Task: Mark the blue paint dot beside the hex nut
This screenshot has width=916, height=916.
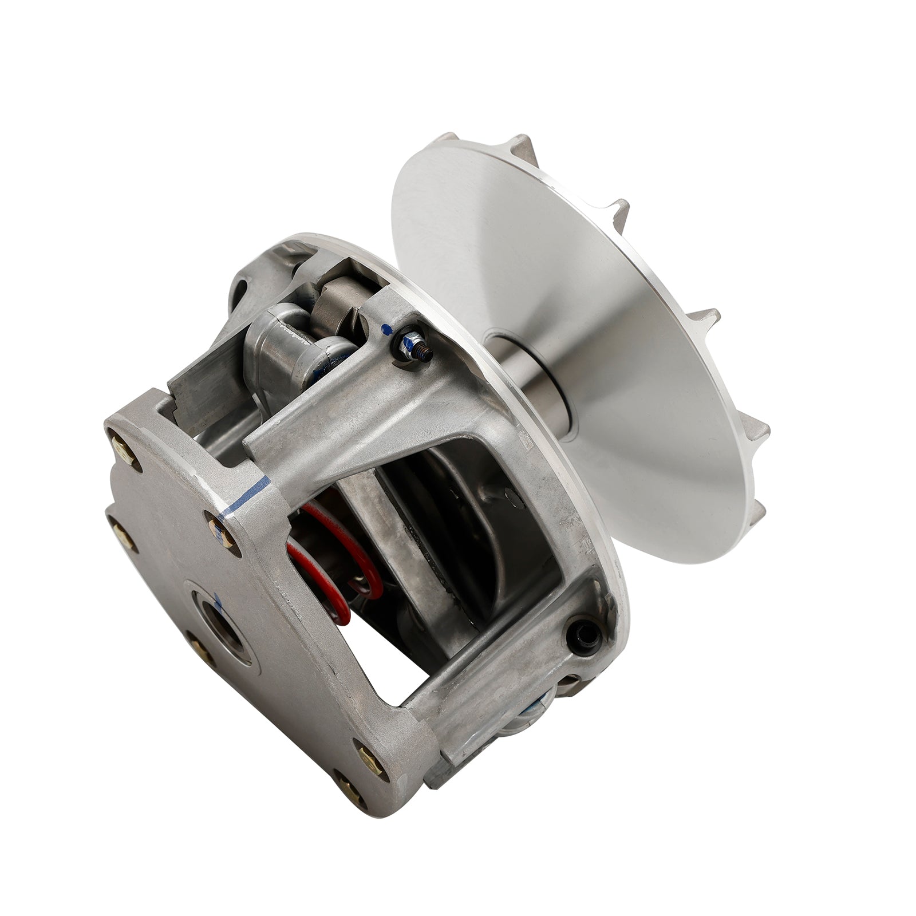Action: pos(388,330)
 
